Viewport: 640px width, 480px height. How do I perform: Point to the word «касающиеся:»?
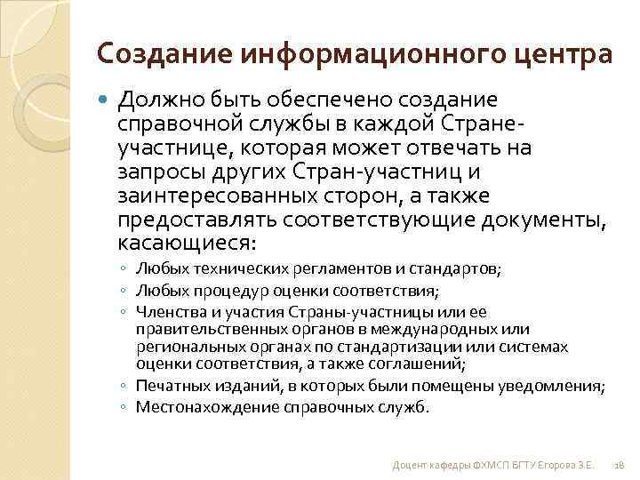[x=186, y=242]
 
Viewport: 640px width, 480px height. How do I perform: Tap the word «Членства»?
[x=166, y=312]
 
